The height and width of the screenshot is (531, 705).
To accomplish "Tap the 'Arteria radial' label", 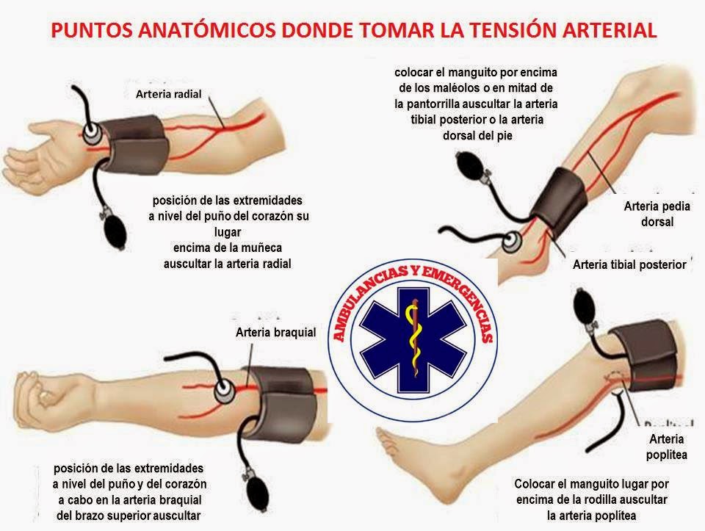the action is point(169,94).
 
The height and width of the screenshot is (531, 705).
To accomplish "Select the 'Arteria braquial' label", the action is point(275,332).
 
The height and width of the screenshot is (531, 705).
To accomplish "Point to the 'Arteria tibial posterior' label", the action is point(629,264).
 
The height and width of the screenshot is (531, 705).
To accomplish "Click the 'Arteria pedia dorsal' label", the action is point(657,214).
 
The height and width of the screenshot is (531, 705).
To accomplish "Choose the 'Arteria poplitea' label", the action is point(666,447).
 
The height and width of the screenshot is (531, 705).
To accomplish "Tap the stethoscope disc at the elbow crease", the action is point(224,390).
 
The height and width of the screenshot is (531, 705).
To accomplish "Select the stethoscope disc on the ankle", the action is point(512,242).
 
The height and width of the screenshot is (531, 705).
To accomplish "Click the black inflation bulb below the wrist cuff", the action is point(115,230).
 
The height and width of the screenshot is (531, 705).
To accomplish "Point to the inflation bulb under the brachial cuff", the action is point(257,494).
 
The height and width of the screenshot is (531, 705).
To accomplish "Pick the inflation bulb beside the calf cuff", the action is point(470,167).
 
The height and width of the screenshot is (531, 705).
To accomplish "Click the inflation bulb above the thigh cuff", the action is point(585,308).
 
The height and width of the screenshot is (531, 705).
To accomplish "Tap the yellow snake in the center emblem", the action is point(413,340).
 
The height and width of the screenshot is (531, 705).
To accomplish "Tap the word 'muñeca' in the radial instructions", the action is point(264,248).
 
